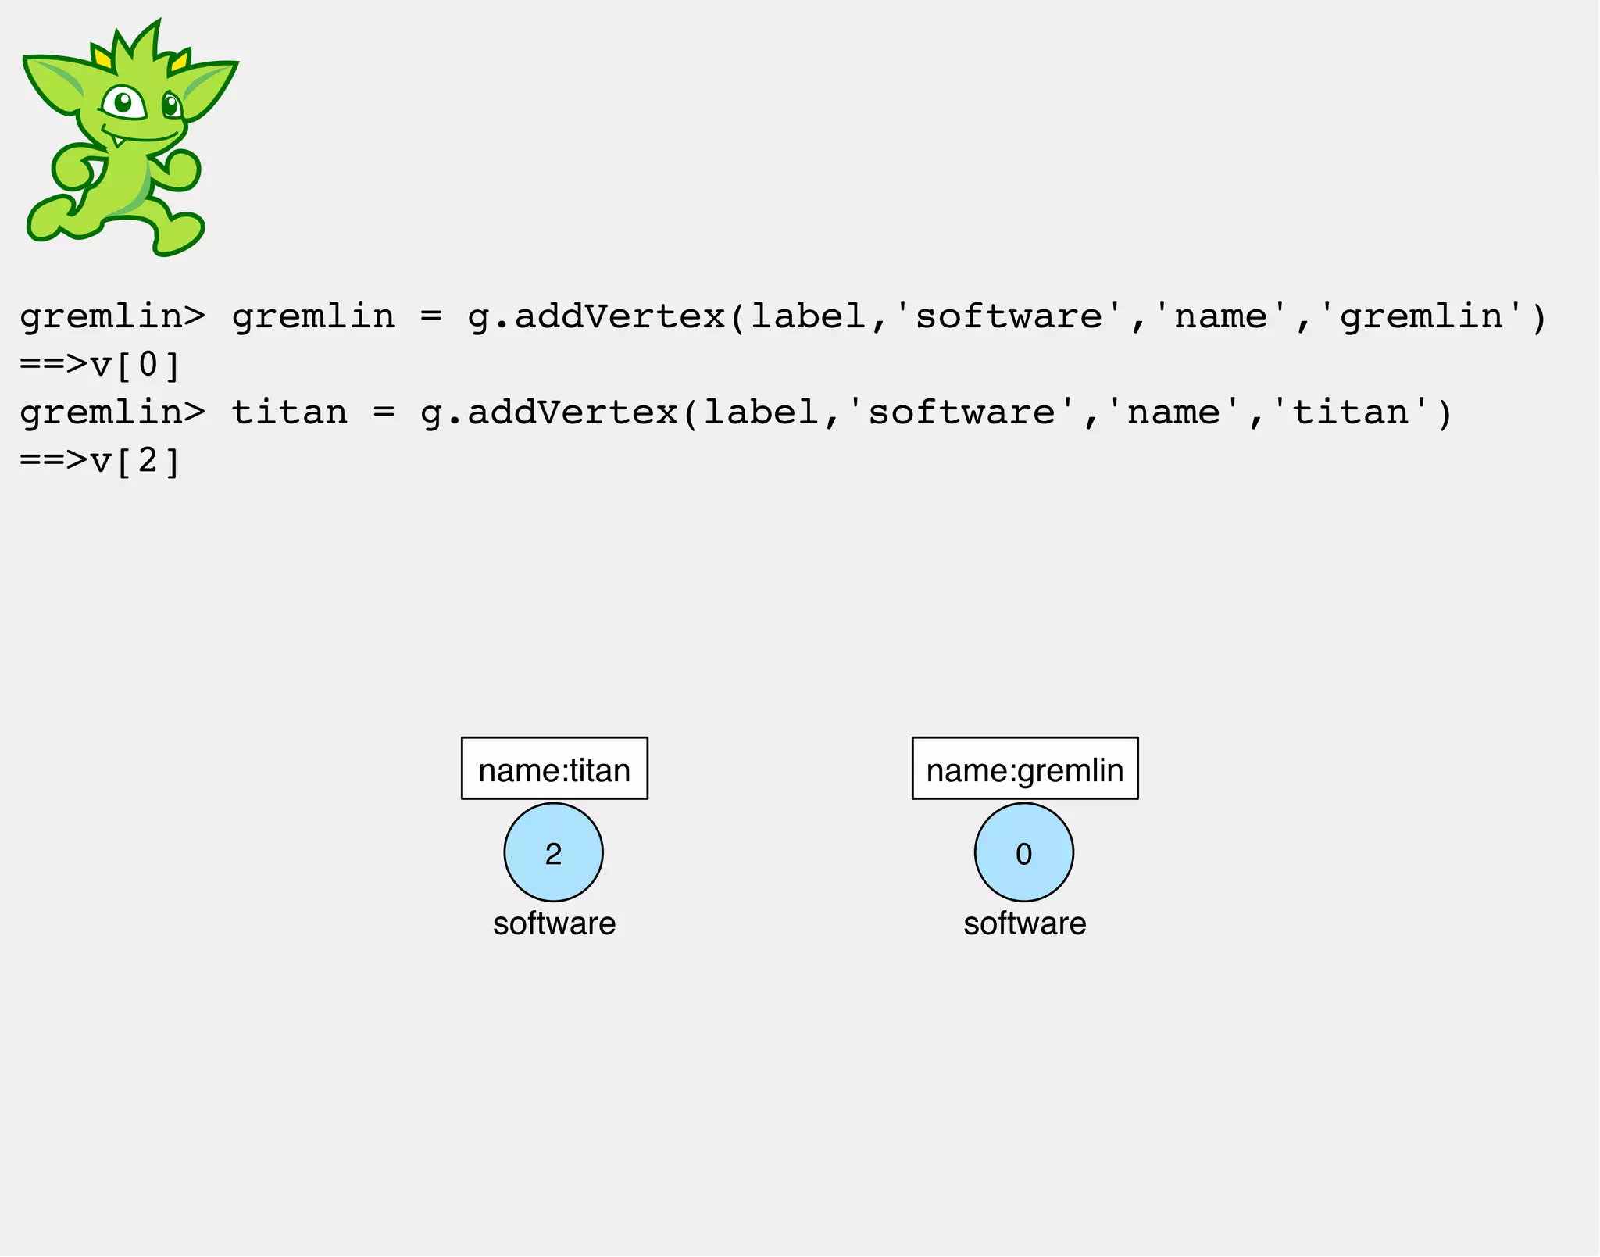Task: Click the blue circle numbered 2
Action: (x=553, y=852)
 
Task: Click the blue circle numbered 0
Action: (x=1023, y=852)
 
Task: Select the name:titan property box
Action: (x=554, y=769)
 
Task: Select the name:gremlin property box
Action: (x=1024, y=769)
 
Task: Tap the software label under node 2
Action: (x=554, y=923)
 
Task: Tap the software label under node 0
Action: (x=1024, y=923)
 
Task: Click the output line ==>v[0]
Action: (x=100, y=365)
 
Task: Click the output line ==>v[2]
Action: (x=100, y=461)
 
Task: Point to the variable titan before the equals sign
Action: (x=289, y=412)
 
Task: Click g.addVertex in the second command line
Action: (x=549, y=412)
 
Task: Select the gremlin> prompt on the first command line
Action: (x=112, y=316)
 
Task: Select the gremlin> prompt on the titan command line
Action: (x=112, y=412)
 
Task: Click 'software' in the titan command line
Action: (x=961, y=412)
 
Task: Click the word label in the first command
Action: (x=809, y=316)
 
